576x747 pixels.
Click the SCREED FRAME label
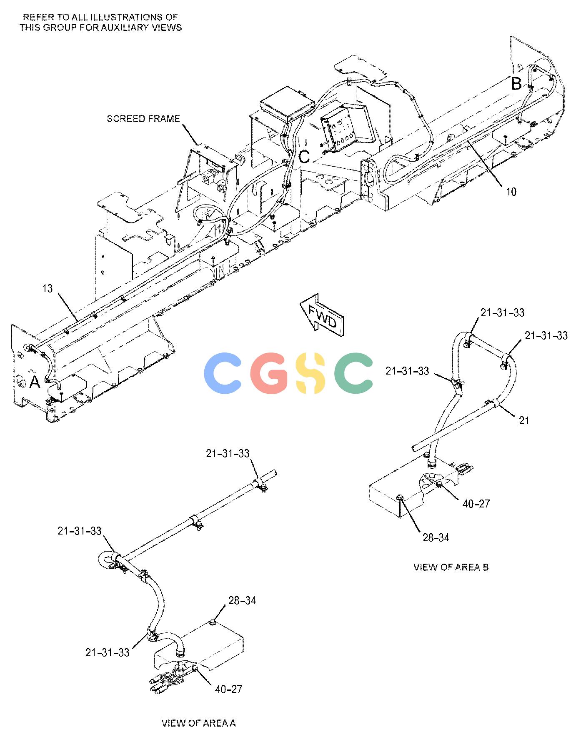point(143,119)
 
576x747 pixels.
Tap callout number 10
point(511,192)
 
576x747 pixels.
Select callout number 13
point(48,288)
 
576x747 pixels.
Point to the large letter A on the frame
point(35,382)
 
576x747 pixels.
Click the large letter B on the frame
point(516,84)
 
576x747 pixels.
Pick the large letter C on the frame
point(304,157)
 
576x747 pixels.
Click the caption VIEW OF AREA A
point(198,723)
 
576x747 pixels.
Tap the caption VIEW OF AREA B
point(451,567)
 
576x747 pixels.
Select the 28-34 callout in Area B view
point(436,538)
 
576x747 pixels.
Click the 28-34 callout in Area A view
point(242,600)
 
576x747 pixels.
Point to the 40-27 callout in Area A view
point(228,689)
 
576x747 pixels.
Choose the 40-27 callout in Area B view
point(476,504)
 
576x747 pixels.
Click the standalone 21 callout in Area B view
point(524,421)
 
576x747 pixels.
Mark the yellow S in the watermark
point(309,373)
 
